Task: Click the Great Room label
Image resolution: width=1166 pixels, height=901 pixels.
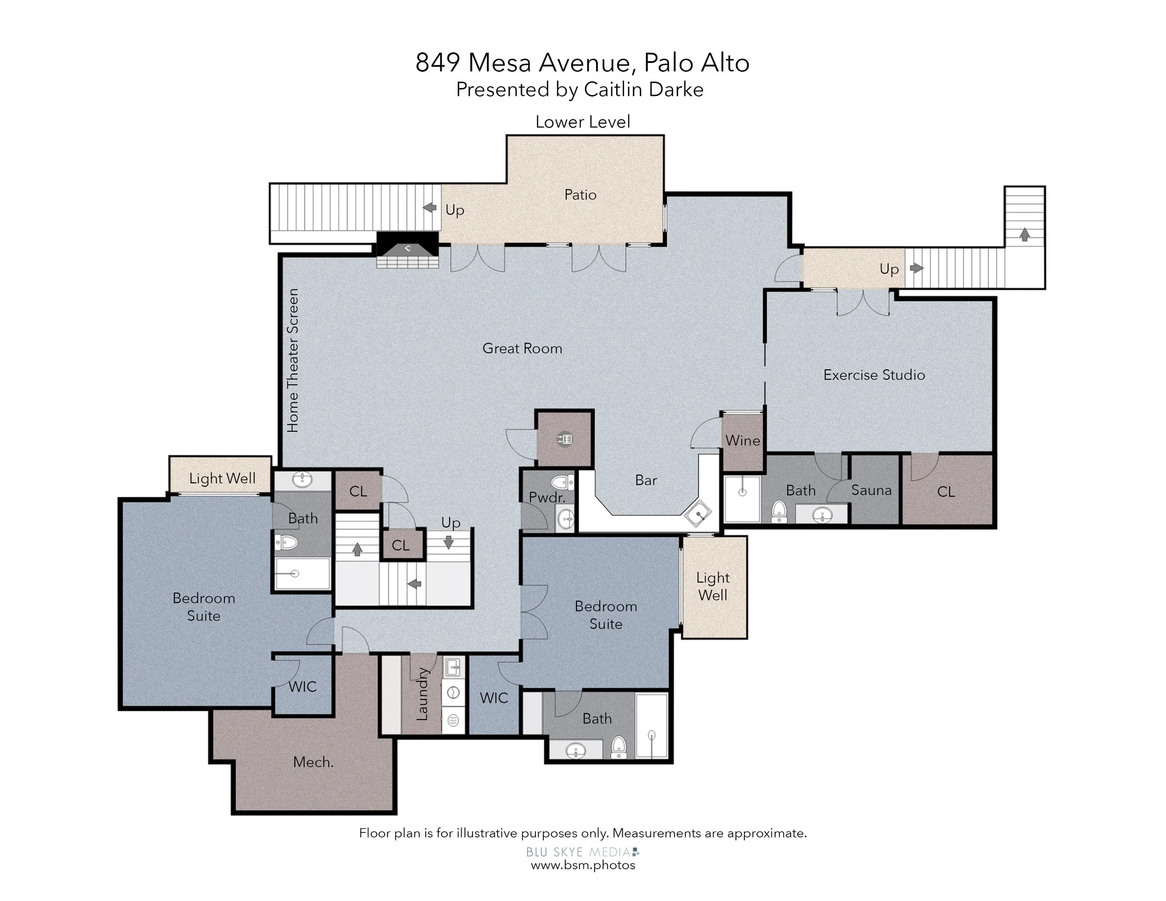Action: tap(522, 348)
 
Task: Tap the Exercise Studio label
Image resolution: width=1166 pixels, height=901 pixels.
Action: tap(874, 374)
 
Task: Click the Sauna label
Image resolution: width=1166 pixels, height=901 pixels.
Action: tap(871, 490)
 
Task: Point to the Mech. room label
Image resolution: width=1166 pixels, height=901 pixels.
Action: tap(313, 762)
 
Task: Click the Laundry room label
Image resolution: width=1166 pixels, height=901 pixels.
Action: tap(422, 694)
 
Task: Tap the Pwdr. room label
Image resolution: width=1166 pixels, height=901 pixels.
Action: tap(547, 498)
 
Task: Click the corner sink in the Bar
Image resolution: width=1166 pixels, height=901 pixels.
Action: tap(698, 514)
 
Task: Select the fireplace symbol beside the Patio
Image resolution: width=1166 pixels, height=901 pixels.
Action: tap(407, 250)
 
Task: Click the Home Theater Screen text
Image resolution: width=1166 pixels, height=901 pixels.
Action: tap(292, 361)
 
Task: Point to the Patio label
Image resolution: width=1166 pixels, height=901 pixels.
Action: tap(580, 195)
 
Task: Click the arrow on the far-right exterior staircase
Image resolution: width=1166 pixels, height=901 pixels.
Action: tap(1025, 234)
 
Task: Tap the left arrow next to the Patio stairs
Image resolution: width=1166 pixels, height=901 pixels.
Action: tap(430, 208)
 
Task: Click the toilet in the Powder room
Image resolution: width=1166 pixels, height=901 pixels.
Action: tap(562, 483)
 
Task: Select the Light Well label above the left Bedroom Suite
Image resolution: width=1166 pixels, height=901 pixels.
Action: tap(222, 478)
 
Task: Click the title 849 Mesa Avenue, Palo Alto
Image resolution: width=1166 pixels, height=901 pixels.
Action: tap(583, 63)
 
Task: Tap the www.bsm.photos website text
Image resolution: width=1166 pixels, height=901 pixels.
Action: tap(583, 865)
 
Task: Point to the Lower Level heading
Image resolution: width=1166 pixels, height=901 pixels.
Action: tap(583, 122)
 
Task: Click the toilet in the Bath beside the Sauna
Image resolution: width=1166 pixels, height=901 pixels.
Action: tap(779, 511)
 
